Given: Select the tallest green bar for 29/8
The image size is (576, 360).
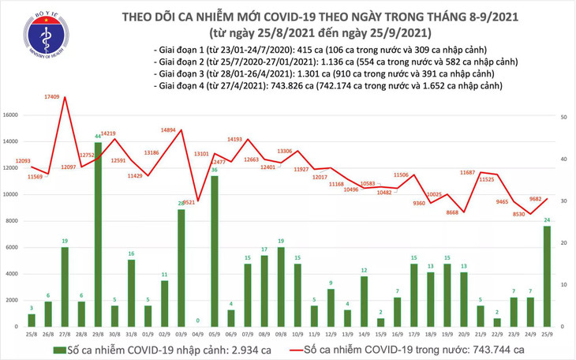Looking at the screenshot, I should pos(98,234).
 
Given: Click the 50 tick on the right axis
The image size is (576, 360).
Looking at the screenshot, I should pos(565,116).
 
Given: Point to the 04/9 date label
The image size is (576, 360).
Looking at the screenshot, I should pos(197,334).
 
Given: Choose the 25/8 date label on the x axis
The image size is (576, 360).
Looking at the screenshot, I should pos(31,334).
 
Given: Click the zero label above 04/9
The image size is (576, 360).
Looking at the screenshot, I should pos(198,321).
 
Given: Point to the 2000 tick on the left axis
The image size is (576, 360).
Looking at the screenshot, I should pos(12,300).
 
